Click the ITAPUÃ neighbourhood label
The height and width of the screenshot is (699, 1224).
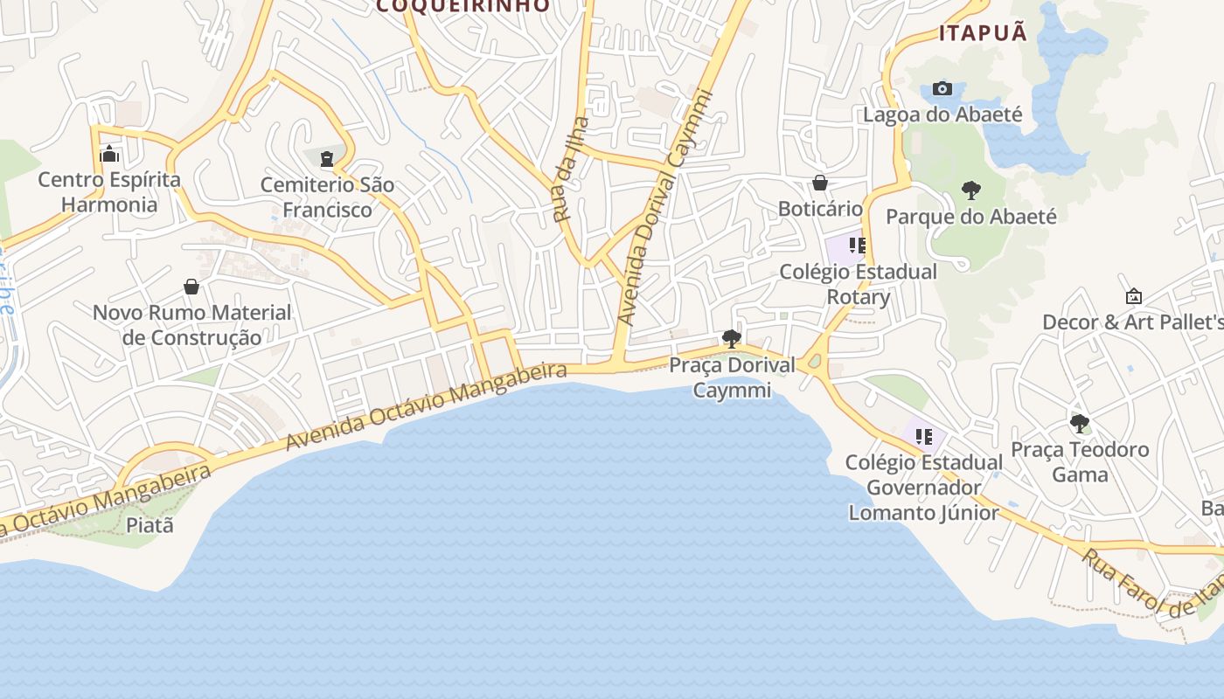(983, 33)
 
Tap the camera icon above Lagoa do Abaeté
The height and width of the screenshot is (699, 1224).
(942, 88)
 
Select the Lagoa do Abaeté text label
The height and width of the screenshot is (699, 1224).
(942, 114)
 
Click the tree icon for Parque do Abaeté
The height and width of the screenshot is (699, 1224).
(970, 190)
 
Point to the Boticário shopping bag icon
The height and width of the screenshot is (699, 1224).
(820, 183)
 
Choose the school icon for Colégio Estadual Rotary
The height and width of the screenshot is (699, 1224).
(857, 246)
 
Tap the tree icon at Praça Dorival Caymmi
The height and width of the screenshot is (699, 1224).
(732, 339)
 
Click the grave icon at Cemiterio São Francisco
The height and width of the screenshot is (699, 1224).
(327, 159)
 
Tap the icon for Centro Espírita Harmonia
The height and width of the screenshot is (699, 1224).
(109, 155)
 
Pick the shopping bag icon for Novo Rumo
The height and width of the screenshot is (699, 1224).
(191, 287)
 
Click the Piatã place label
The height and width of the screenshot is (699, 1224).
(150, 525)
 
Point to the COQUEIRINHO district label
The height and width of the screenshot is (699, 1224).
(463, 6)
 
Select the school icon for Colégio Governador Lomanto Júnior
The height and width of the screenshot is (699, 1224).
(924, 436)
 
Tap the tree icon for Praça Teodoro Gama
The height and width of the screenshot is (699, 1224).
(1080, 424)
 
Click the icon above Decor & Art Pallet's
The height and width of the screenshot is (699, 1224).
(1133, 296)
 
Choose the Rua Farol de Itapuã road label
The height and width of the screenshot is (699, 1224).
(1154, 583)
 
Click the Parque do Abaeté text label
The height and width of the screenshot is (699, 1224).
(971, 217)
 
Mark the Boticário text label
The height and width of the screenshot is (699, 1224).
(820, 209)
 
